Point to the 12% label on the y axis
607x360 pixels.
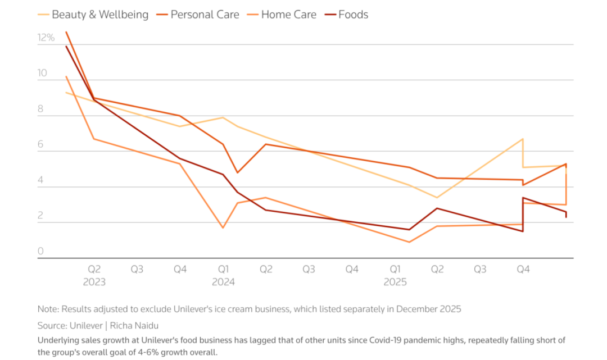46,38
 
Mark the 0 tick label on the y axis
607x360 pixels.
40,252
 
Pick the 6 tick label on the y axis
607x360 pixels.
40,145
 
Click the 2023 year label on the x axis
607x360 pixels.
94,282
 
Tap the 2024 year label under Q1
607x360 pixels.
223,282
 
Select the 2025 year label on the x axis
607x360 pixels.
395,282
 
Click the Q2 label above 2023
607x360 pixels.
94,270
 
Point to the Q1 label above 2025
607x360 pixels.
395,270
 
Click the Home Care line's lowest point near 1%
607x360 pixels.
409,242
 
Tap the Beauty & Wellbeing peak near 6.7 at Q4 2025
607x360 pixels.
523,139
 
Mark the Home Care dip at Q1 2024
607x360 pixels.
223,227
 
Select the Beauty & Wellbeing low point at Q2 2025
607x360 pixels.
437,198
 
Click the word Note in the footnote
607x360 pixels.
47,309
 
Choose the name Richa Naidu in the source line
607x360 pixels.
135,325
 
